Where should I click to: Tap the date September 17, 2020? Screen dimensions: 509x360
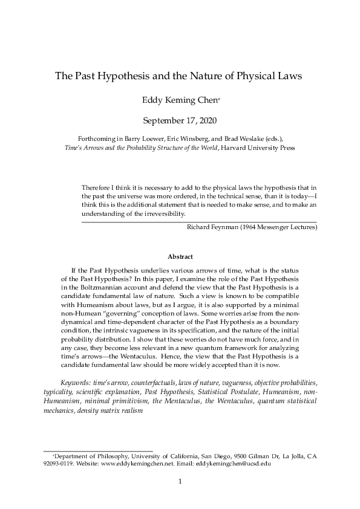click(x=180, y=122)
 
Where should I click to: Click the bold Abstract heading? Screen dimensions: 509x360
click(x=180, y=256)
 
